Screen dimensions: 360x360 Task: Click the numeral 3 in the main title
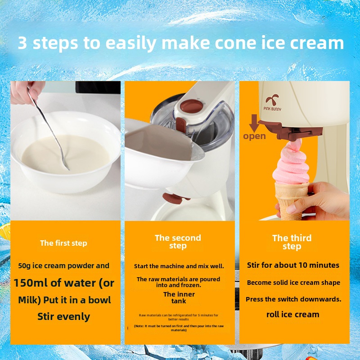click(22, 43)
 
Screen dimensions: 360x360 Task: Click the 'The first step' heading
click(63, 243)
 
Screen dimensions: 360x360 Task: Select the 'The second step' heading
click(178, 242)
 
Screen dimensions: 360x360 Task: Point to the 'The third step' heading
click(292, 242)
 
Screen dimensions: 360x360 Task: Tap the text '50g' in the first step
click(24, 266)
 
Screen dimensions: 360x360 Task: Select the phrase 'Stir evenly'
click(63, 317)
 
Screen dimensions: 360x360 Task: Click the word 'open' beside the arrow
click(254, 136)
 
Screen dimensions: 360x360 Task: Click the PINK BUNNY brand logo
click(272, 103)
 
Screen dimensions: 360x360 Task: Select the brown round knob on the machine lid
click(192, 106)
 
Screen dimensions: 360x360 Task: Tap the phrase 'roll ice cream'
click(293, 315)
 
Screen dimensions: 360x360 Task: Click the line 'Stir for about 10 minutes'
click(293, 265)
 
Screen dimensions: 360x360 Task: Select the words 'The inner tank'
click(179, 297)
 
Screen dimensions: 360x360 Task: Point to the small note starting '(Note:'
click(179, 328)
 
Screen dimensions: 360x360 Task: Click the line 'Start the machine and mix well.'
click(179, 266)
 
